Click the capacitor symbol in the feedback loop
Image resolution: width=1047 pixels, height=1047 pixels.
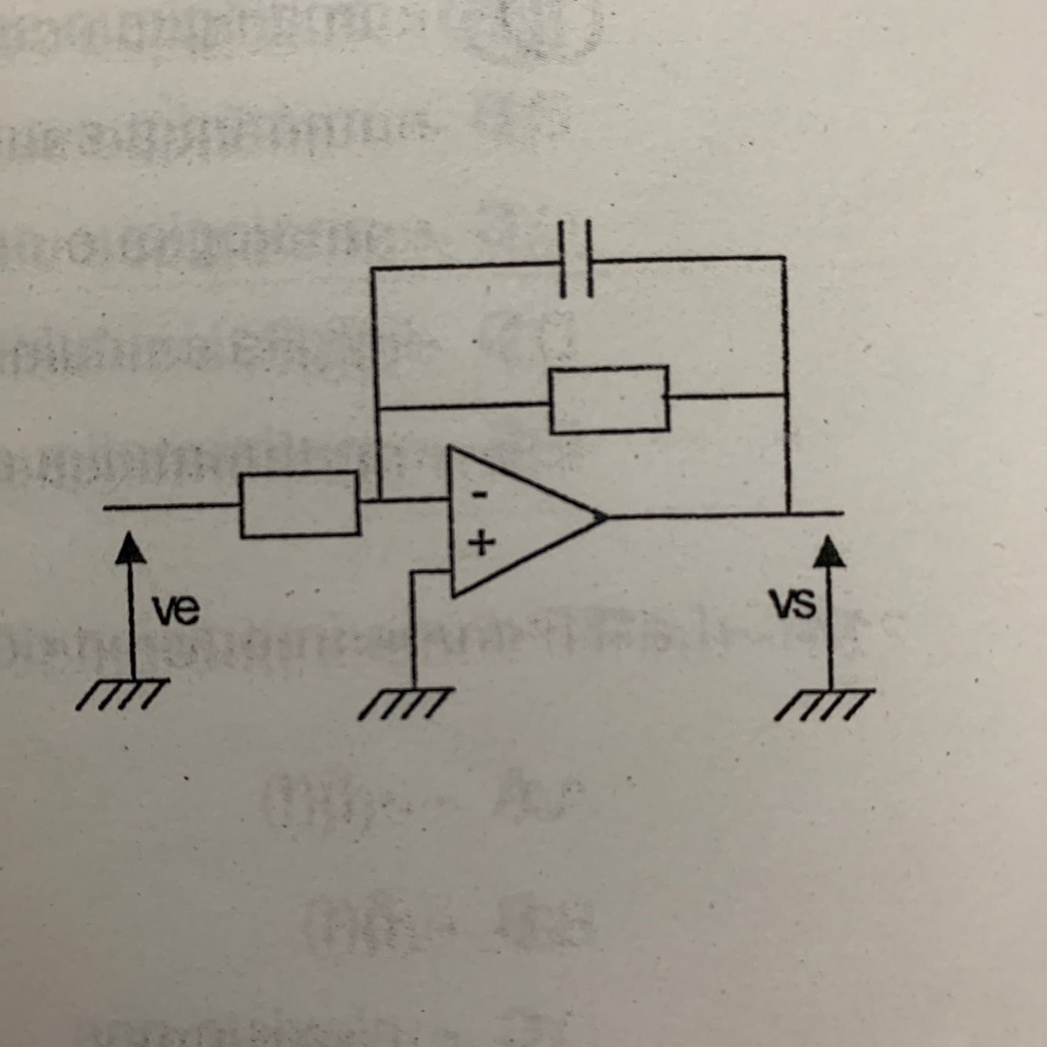(x=576, y=261)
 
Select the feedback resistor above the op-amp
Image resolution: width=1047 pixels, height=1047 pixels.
(x=609, y=399)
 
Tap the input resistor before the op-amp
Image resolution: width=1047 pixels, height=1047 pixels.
(x=300, y=505)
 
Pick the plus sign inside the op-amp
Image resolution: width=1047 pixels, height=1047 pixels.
(x=482, y=541)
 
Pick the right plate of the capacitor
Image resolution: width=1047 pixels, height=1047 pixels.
(x=589, y=261)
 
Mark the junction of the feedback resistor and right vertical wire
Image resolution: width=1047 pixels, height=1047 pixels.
(x=786, y=395)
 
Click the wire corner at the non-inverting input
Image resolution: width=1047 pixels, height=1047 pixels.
(x=412, y=574)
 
